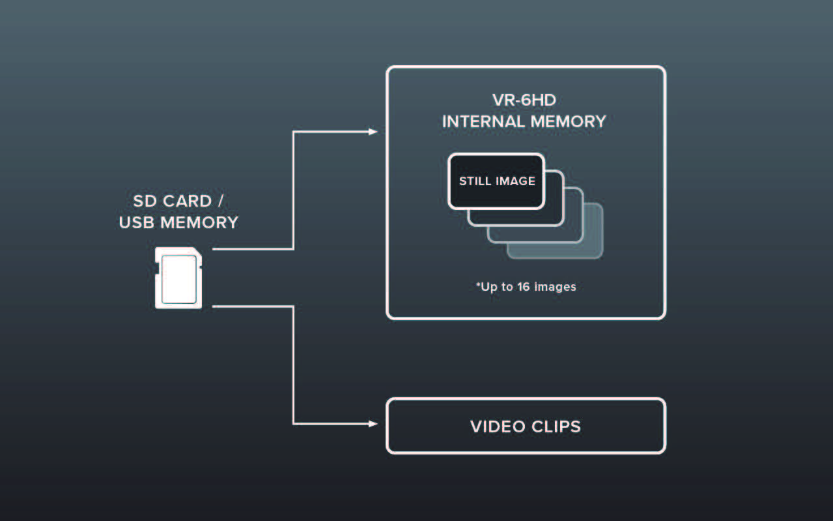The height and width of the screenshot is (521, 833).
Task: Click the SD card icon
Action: (178, 278)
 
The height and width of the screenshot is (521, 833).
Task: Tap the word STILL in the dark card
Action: (475, 181)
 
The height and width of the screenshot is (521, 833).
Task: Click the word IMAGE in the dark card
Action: (516, 181)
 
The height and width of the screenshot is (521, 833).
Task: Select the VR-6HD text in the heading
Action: (524, 100)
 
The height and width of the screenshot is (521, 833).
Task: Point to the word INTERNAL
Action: (483, 122)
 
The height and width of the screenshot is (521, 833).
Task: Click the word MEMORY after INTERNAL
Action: (568, 122)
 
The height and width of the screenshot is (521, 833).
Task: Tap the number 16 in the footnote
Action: (523, 286)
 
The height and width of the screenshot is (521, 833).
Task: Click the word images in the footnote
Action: (555, 287)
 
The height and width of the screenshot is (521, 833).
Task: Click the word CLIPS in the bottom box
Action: (556, 426)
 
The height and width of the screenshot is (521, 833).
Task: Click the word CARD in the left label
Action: (188, 201)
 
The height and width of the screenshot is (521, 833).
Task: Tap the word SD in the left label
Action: (145, 201)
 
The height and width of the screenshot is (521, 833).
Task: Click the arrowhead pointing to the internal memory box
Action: (373, 132)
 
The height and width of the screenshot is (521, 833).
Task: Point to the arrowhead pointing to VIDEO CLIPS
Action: (373, 424)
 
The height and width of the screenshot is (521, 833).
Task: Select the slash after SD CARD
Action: (221, 201)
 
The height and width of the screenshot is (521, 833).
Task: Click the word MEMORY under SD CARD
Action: (199, 223)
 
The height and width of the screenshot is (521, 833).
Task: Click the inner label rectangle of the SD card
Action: (179, 279)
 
